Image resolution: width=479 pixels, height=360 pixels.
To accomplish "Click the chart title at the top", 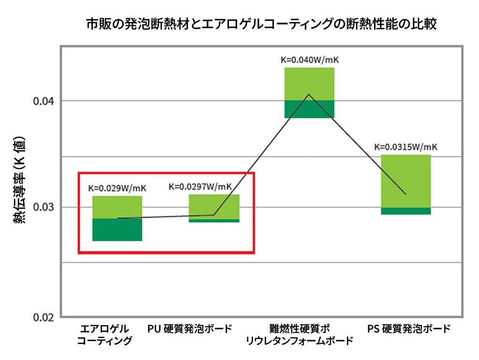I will pos(261,24).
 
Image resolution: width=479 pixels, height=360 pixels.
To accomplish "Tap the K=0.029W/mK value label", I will pos(117,188).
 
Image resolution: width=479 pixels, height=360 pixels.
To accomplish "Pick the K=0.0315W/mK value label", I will pos(406,147).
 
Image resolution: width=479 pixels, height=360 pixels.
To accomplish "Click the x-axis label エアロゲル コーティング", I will pos(105,335).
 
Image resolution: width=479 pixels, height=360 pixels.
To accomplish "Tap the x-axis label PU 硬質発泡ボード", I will pos(190,329).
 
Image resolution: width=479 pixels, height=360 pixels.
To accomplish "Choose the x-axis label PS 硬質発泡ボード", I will pos(409,329).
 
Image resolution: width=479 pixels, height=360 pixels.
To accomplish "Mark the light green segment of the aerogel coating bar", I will pos(117,207).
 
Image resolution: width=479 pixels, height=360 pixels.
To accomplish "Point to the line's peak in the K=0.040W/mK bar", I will pos(309,94).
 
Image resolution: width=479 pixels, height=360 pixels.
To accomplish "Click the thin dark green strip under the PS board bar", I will pos(406,211).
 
